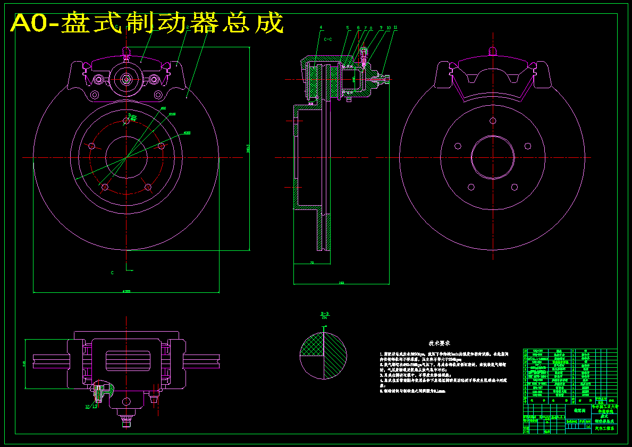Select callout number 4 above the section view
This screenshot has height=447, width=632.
(321, 27)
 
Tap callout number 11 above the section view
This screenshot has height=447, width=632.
(395, 27)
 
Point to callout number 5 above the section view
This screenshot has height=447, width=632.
(347, 27)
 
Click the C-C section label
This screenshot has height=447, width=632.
(328, 39)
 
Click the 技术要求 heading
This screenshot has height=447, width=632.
(440, 343)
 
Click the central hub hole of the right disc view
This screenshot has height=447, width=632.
(493, 158)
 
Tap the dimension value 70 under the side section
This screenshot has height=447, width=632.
(312, 262)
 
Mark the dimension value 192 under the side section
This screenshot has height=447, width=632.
(341, 283)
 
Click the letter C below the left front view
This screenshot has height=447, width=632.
(112, 273)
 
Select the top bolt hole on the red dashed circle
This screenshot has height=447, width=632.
(126, 121)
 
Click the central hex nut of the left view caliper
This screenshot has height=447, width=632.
(126, 79)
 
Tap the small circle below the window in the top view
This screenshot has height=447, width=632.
(127, 401)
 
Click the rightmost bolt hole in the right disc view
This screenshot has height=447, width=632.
(528, 145)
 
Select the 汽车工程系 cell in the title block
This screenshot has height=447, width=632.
(604, 427)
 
